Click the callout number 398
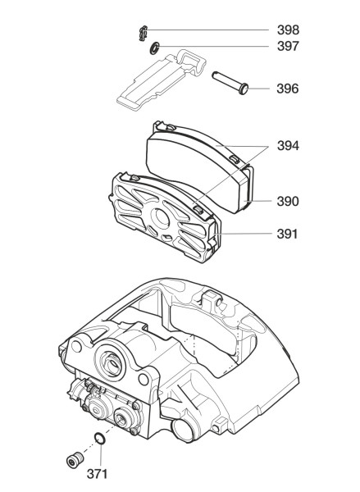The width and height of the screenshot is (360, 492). tap(288, 30)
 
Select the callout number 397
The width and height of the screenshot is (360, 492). tap(288, 46)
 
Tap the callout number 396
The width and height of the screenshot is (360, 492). tap(288, 89)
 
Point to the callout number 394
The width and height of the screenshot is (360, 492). tap(288, 146)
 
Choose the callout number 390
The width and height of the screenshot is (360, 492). tap(288, 201)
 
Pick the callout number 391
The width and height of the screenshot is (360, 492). tap(287, 234)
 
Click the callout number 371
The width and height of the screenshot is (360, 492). tap(97, 474)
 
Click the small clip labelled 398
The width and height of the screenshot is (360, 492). tap(144, 33)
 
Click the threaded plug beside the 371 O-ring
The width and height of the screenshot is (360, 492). tap(75, 460)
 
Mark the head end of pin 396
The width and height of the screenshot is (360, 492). tap(244, 89)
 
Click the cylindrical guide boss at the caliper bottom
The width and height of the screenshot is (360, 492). tap(183, 429)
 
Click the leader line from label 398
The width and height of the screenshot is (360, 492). tap(207, 30)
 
